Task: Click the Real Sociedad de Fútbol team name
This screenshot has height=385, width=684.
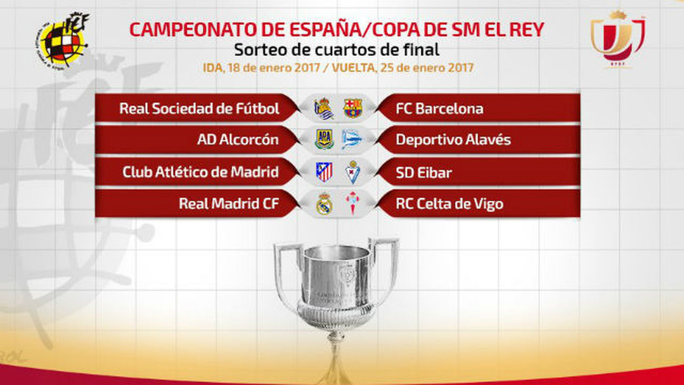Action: [199, 109]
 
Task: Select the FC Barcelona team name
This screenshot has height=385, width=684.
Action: [439, 109]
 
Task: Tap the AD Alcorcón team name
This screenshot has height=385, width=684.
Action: [238, 141]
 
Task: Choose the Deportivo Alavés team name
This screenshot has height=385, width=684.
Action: [453, 141]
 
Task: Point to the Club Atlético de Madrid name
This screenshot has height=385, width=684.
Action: [200, 172]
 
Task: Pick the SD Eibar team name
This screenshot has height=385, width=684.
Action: [424, 172]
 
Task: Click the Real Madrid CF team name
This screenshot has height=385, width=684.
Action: [228, 204]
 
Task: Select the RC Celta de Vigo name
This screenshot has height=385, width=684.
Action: [449, 204]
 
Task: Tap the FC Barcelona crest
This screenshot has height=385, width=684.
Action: [353, 108]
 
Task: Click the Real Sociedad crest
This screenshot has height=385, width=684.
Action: [324, 108]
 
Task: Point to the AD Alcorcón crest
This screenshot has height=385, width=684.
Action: [324, 140]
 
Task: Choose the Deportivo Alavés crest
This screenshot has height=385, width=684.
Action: [351, 140]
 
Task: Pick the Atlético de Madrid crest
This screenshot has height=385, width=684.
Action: [324, 172]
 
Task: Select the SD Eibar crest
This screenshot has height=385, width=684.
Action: [353, 172]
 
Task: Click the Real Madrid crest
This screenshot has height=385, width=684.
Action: [324, 203]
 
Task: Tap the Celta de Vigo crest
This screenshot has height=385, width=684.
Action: [352, 203]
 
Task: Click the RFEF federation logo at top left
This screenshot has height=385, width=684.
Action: [63, 40]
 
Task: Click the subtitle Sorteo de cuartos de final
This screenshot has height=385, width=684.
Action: [337, 51]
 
